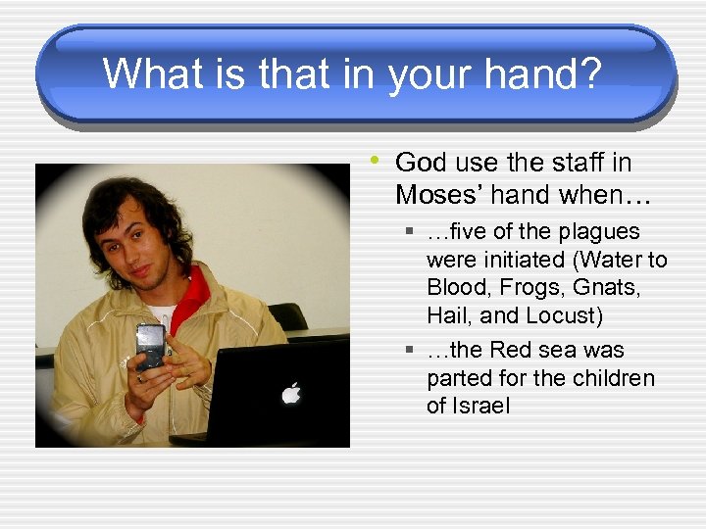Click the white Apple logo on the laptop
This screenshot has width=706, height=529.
(290, 393)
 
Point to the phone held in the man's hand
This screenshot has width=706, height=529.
(150, 345)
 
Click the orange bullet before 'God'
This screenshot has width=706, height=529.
(376, 159)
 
